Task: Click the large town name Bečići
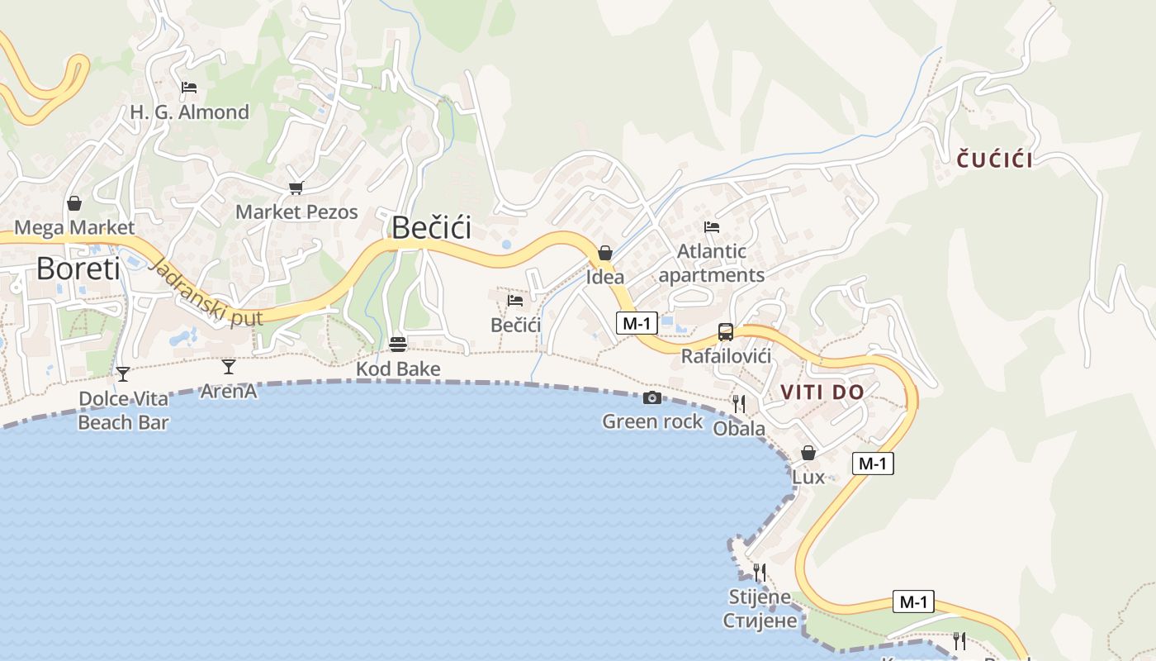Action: (x=431, y=227)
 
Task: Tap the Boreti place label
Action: (x=78, y=269)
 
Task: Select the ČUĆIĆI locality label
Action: (x=995, y=160)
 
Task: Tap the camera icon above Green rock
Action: (x=652, y=397)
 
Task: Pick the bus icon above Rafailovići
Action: (x=726, y=332)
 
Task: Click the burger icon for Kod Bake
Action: (x=398, y=344)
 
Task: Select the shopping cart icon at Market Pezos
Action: (x=296, y=188)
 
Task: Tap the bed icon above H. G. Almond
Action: (x=189, y=87)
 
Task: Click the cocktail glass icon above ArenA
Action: (x=229, y=366)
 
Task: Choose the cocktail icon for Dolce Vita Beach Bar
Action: (x=123, y=374)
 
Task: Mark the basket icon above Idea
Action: (x=605, y=253)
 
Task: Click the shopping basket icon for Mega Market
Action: (x=74, y=203)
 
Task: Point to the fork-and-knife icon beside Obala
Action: (x=739, y=403)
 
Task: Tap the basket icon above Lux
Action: (x=808, y=453)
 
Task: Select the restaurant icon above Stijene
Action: (x=760, y=572)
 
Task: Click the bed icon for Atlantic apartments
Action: (x=712, y=226)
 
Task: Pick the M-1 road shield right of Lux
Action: (x=872, y=464)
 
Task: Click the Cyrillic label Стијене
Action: (x=760, y=621)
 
